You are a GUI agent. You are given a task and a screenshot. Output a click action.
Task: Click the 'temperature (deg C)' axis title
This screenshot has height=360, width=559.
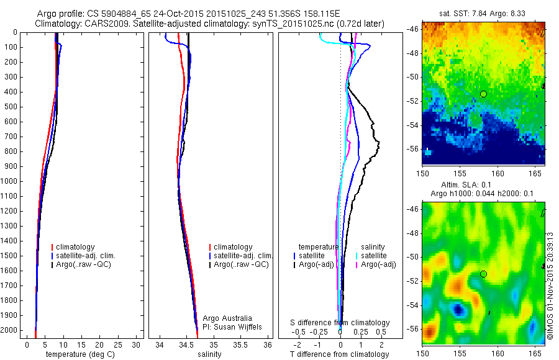tap(78, 354)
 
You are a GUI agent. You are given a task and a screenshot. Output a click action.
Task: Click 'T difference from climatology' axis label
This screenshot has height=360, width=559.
tap(339, 354)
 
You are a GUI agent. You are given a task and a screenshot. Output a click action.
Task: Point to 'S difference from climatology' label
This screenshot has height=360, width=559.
tap(340, 323)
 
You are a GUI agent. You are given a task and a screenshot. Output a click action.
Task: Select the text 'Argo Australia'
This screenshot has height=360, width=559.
tap(227, 318)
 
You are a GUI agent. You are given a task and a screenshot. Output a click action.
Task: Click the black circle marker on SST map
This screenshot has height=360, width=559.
tap(483, 94)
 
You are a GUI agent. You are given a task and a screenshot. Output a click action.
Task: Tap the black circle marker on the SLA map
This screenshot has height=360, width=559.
tap(483, 274)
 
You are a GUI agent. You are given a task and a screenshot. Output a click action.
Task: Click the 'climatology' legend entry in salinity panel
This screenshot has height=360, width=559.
tap(233, 247)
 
